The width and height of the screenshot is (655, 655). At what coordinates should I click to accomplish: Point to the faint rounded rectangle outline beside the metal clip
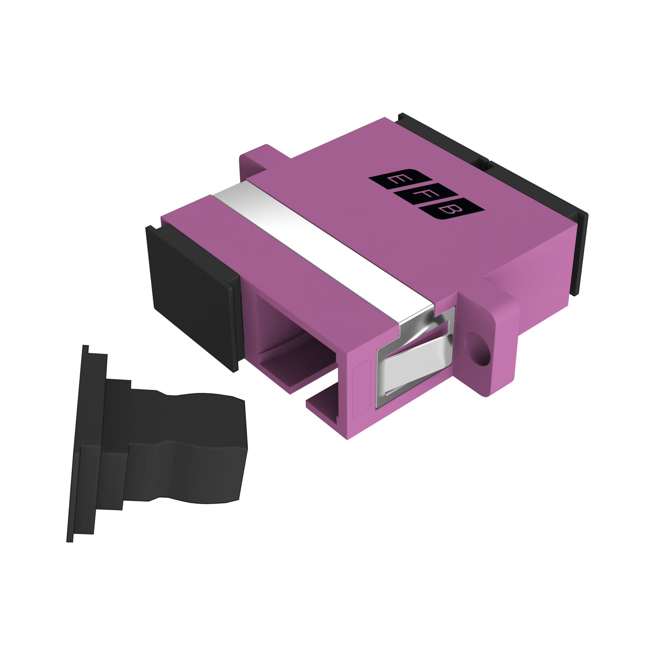pos(361,389)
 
